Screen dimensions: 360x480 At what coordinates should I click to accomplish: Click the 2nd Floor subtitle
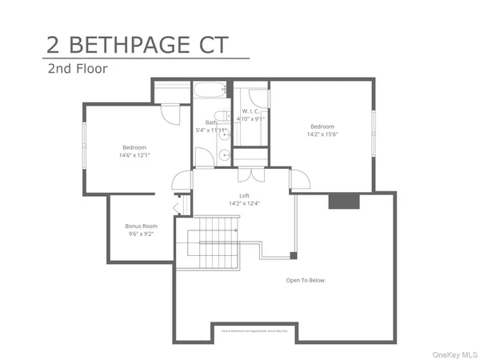point(77,69)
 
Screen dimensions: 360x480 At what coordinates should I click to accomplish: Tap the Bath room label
point(211,122)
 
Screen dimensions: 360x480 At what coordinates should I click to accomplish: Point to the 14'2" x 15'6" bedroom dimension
point(322,134)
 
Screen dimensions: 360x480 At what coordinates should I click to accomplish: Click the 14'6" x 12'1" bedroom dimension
point(134,155)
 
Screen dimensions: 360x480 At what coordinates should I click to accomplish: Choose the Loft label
point(244,195)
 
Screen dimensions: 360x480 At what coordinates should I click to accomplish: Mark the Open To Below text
point(305,280)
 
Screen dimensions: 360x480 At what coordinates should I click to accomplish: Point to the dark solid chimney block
point(342,200)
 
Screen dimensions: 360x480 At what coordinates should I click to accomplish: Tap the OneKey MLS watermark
point(455,353)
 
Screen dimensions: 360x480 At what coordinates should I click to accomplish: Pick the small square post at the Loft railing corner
point(294,256)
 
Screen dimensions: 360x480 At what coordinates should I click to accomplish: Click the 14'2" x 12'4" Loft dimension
point(244,202)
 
